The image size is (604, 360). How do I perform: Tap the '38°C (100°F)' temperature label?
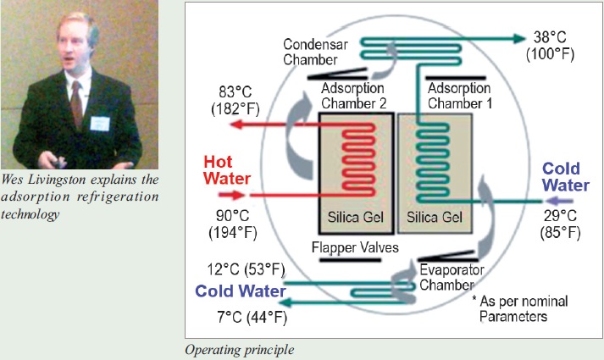point(551,69)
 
